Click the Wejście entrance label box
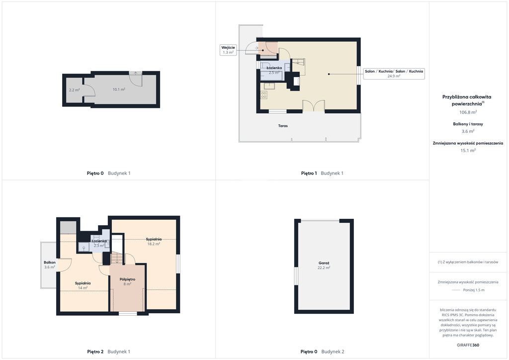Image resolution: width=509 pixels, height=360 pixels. point(228,50)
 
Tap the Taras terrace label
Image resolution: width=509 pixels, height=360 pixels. point(283,126)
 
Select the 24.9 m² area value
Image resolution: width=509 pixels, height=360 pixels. point(394,76)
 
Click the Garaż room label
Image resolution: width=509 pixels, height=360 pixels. point(324,263)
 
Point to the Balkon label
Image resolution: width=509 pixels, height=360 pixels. point(50,262)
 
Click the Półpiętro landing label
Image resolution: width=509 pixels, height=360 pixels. point(127,279)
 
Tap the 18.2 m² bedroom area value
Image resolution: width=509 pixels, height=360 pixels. point(154,244)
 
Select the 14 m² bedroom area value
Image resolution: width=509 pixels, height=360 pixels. point(83,288)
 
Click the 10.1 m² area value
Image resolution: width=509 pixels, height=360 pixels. point(119,90)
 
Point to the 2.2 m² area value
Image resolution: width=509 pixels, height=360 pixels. point(75,90)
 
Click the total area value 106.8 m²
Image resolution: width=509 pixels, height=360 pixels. point(468,112)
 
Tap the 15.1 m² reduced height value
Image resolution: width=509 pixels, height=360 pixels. point(468,151)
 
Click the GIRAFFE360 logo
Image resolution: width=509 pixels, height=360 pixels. point(468,345)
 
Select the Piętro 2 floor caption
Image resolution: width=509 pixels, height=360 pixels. point(95,352)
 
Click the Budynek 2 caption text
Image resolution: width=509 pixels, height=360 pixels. point(333,352)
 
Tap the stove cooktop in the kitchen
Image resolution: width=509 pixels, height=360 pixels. point(264,95)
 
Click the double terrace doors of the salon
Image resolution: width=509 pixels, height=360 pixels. point(314,106)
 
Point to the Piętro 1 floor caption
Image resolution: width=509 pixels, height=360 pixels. point(309,174)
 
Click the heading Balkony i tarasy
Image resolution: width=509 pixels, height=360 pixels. point(468,124)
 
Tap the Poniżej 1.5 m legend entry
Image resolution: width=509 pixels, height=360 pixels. point(474,290)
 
